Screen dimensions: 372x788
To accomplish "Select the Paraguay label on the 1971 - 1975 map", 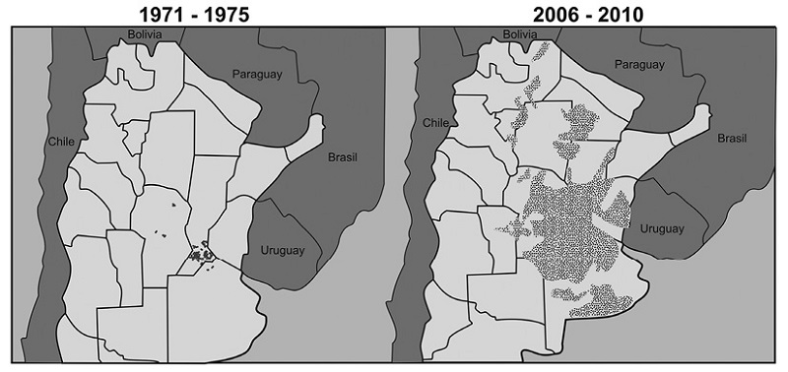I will (x=257, y=73).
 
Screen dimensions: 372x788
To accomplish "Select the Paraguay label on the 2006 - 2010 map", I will (x=639, y=65).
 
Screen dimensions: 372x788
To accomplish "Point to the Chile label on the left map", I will (x=61, y=142).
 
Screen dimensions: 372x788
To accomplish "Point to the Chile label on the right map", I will (x=436, y=123).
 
